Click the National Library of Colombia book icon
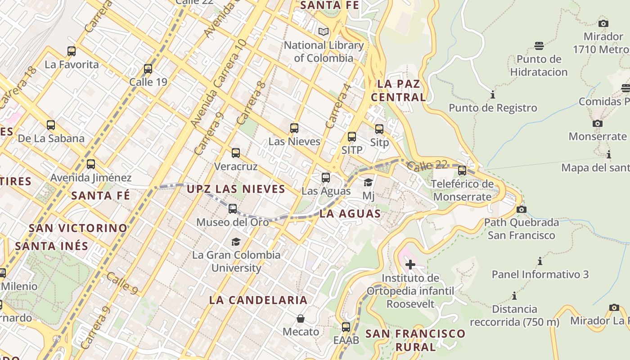click(x=324, y=31)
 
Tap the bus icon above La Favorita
click(x=72, y=51)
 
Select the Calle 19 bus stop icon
click(x=148, y=69)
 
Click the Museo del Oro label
click(x=233, y=222)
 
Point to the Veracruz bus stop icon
click(x=236, y=153)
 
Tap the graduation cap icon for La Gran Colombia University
click(x=236, y=242)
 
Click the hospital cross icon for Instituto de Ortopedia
click(x=410, y=264)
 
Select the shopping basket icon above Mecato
click(x=301, y=319)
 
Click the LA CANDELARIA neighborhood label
click(x=258, y=300)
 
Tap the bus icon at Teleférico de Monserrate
click(x=462, y=171)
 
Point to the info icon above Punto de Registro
click(x=493, y=95)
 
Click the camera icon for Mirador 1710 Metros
click(x=603, y=23)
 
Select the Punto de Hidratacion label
click(x=539, y=66)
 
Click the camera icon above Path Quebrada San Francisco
click(x=522, y=209)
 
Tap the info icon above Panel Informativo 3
click(x=540, y=261)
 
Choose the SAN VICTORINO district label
click(x=78, y=228)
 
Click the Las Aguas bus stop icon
click(x=326, y=178)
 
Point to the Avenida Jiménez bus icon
click(x=91, y=164)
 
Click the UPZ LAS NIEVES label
click(x=236, y=189)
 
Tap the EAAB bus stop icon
click(x=346, y=327)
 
